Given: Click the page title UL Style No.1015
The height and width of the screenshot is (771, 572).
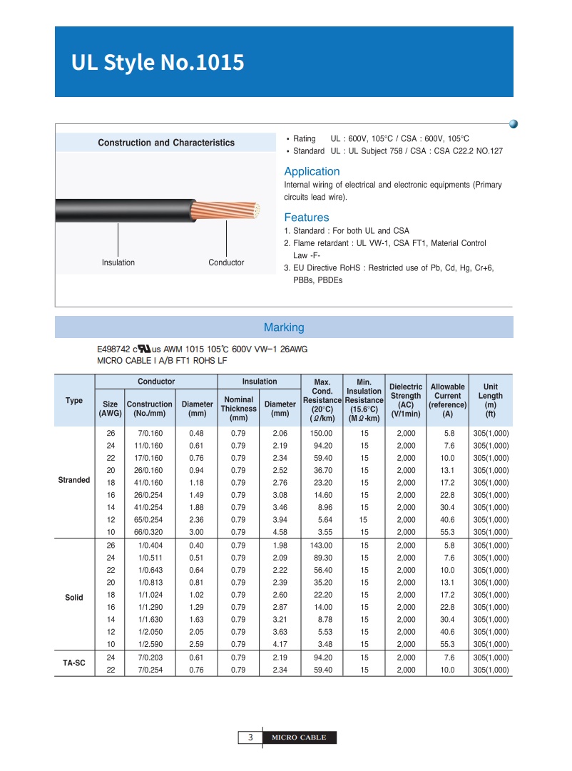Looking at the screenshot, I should point(158,63).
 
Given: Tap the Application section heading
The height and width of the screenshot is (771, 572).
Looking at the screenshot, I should point(312,171).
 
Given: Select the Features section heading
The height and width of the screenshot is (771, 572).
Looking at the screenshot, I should point(307,218).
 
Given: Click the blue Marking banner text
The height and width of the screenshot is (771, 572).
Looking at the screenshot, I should point(284,327).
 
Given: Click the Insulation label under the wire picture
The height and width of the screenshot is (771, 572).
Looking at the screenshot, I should point(118,262).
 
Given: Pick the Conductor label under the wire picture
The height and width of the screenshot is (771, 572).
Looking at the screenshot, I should point(226,262).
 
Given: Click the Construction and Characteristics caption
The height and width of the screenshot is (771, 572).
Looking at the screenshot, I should point(166,143).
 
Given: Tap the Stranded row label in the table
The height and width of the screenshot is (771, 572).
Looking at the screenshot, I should point(74,480).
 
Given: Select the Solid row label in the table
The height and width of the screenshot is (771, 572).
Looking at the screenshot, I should point(74,598).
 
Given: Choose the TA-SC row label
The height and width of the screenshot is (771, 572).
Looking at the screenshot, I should point(74,663).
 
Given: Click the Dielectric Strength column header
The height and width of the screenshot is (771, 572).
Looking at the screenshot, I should point(406,400).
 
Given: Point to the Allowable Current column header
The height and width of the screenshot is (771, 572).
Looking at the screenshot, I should point(448,400).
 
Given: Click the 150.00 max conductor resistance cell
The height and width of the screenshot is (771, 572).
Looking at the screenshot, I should point(322,434).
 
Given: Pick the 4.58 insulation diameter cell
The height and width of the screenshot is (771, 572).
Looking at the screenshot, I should point(280,532).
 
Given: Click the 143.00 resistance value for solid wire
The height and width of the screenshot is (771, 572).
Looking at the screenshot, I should point(322,546).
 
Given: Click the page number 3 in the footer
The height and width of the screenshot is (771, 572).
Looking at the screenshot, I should point(250,737).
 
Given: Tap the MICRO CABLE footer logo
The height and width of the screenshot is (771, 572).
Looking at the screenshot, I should point(298,737).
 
